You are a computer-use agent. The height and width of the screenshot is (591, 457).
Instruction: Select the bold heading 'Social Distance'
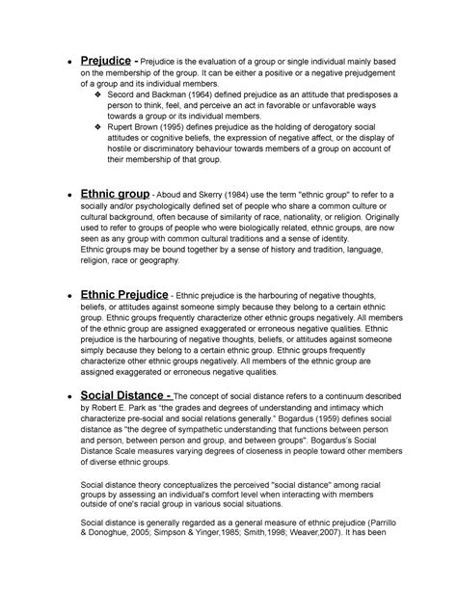tap(127, 394)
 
